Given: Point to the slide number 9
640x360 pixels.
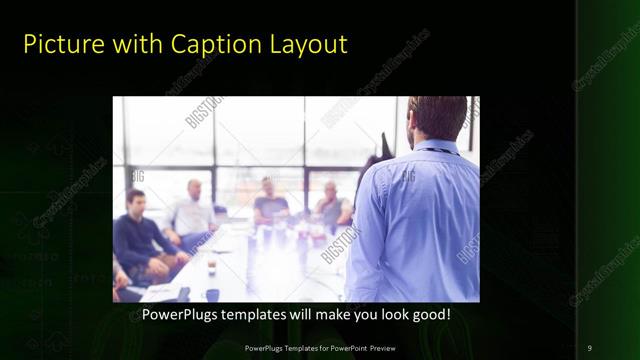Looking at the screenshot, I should click(590, 347).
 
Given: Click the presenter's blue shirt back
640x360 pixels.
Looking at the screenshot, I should click(420, 220).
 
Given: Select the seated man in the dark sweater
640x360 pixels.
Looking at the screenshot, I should click(140, 240).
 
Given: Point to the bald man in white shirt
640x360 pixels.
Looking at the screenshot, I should click(193, 212).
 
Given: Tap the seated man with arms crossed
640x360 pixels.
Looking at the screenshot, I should click(333, 208).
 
